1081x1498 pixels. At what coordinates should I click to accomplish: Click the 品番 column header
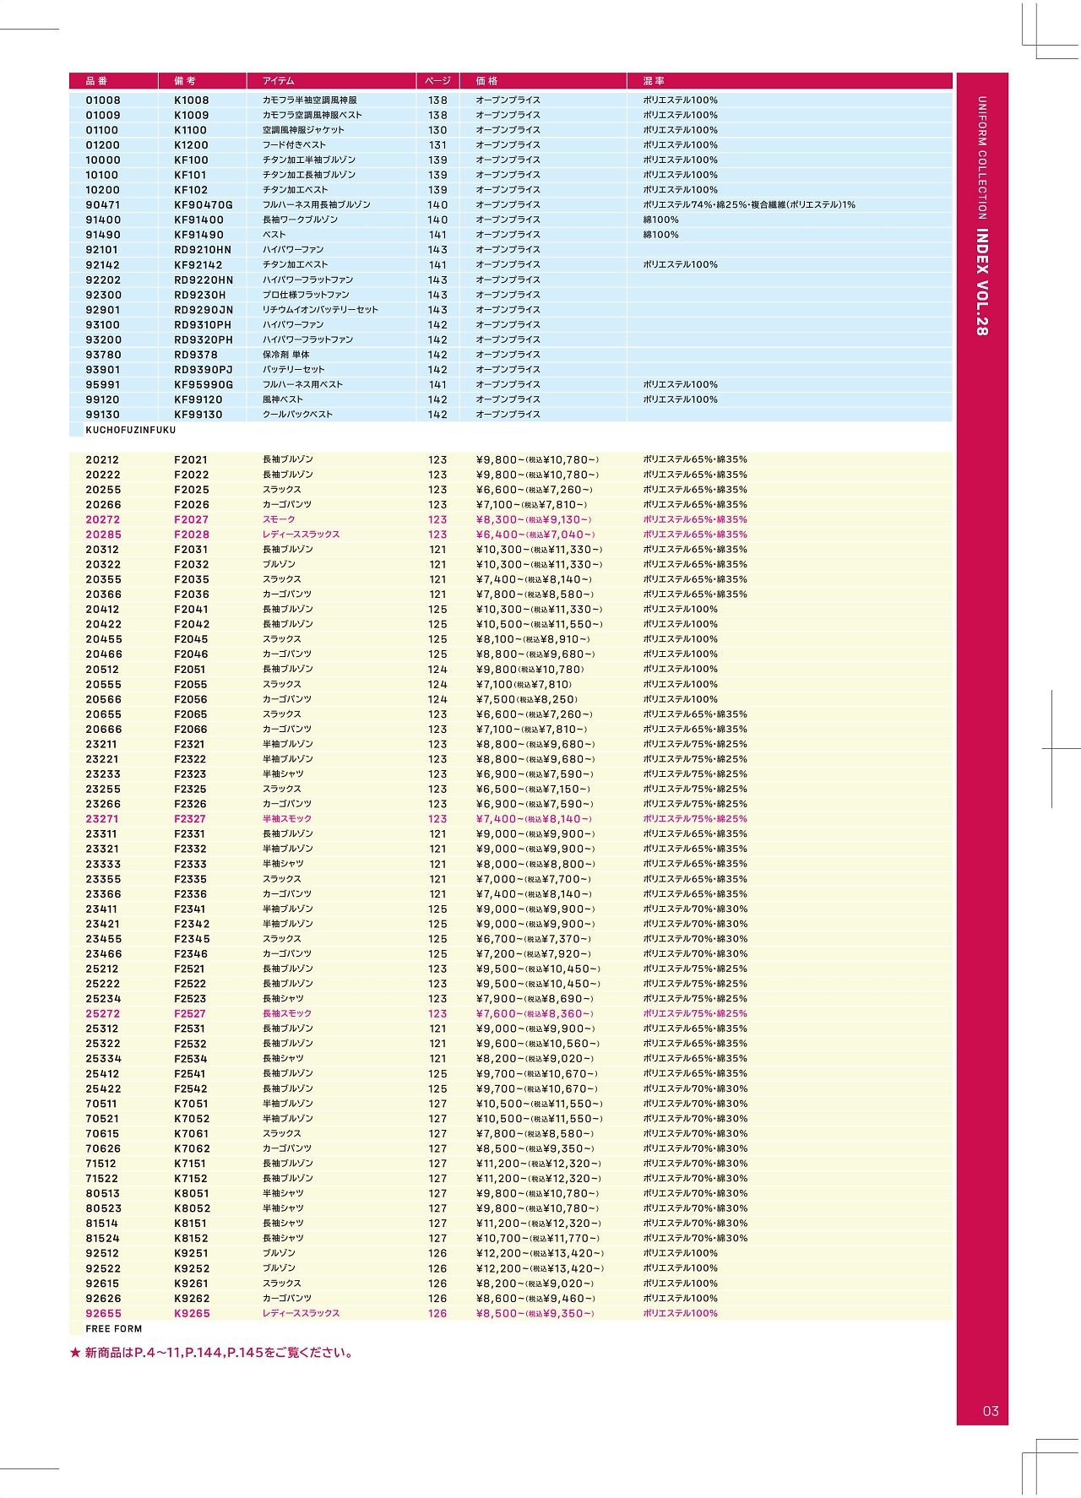(x=97, y=81)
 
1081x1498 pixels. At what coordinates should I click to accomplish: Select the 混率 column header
(x=654, y=81)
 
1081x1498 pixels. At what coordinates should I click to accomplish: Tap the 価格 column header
(x=486, y=81)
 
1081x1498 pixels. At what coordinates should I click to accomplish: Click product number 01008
(x=103, y=100)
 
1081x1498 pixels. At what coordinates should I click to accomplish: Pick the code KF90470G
(x=204, y=205)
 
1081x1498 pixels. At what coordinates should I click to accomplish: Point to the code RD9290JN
(x=204, y=310)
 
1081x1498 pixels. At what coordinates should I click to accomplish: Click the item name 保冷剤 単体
(x=286, y=355)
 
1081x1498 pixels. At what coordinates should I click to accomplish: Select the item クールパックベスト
(x=297, y=415)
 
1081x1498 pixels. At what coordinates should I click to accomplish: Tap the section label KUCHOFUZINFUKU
(x=131, y=430)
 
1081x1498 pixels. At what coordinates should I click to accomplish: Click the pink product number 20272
(x=103, y=520)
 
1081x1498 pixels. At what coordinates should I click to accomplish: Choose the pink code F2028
(x=192, y=535)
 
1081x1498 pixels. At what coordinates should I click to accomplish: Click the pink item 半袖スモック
(x=287, y=819)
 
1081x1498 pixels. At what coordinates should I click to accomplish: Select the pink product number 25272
(x=103, y=1013)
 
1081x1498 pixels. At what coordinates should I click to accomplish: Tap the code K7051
(x=192, y=1104)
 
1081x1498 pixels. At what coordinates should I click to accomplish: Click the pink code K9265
(x=193, y=1313)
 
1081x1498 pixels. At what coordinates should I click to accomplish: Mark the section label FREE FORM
(x=114, y=1328)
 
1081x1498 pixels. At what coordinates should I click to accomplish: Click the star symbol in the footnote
(x=75, y=1353)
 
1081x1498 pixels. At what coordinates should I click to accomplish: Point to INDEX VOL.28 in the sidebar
(x=982, y=282)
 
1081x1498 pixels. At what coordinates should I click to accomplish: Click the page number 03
(x=991, y=1411)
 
